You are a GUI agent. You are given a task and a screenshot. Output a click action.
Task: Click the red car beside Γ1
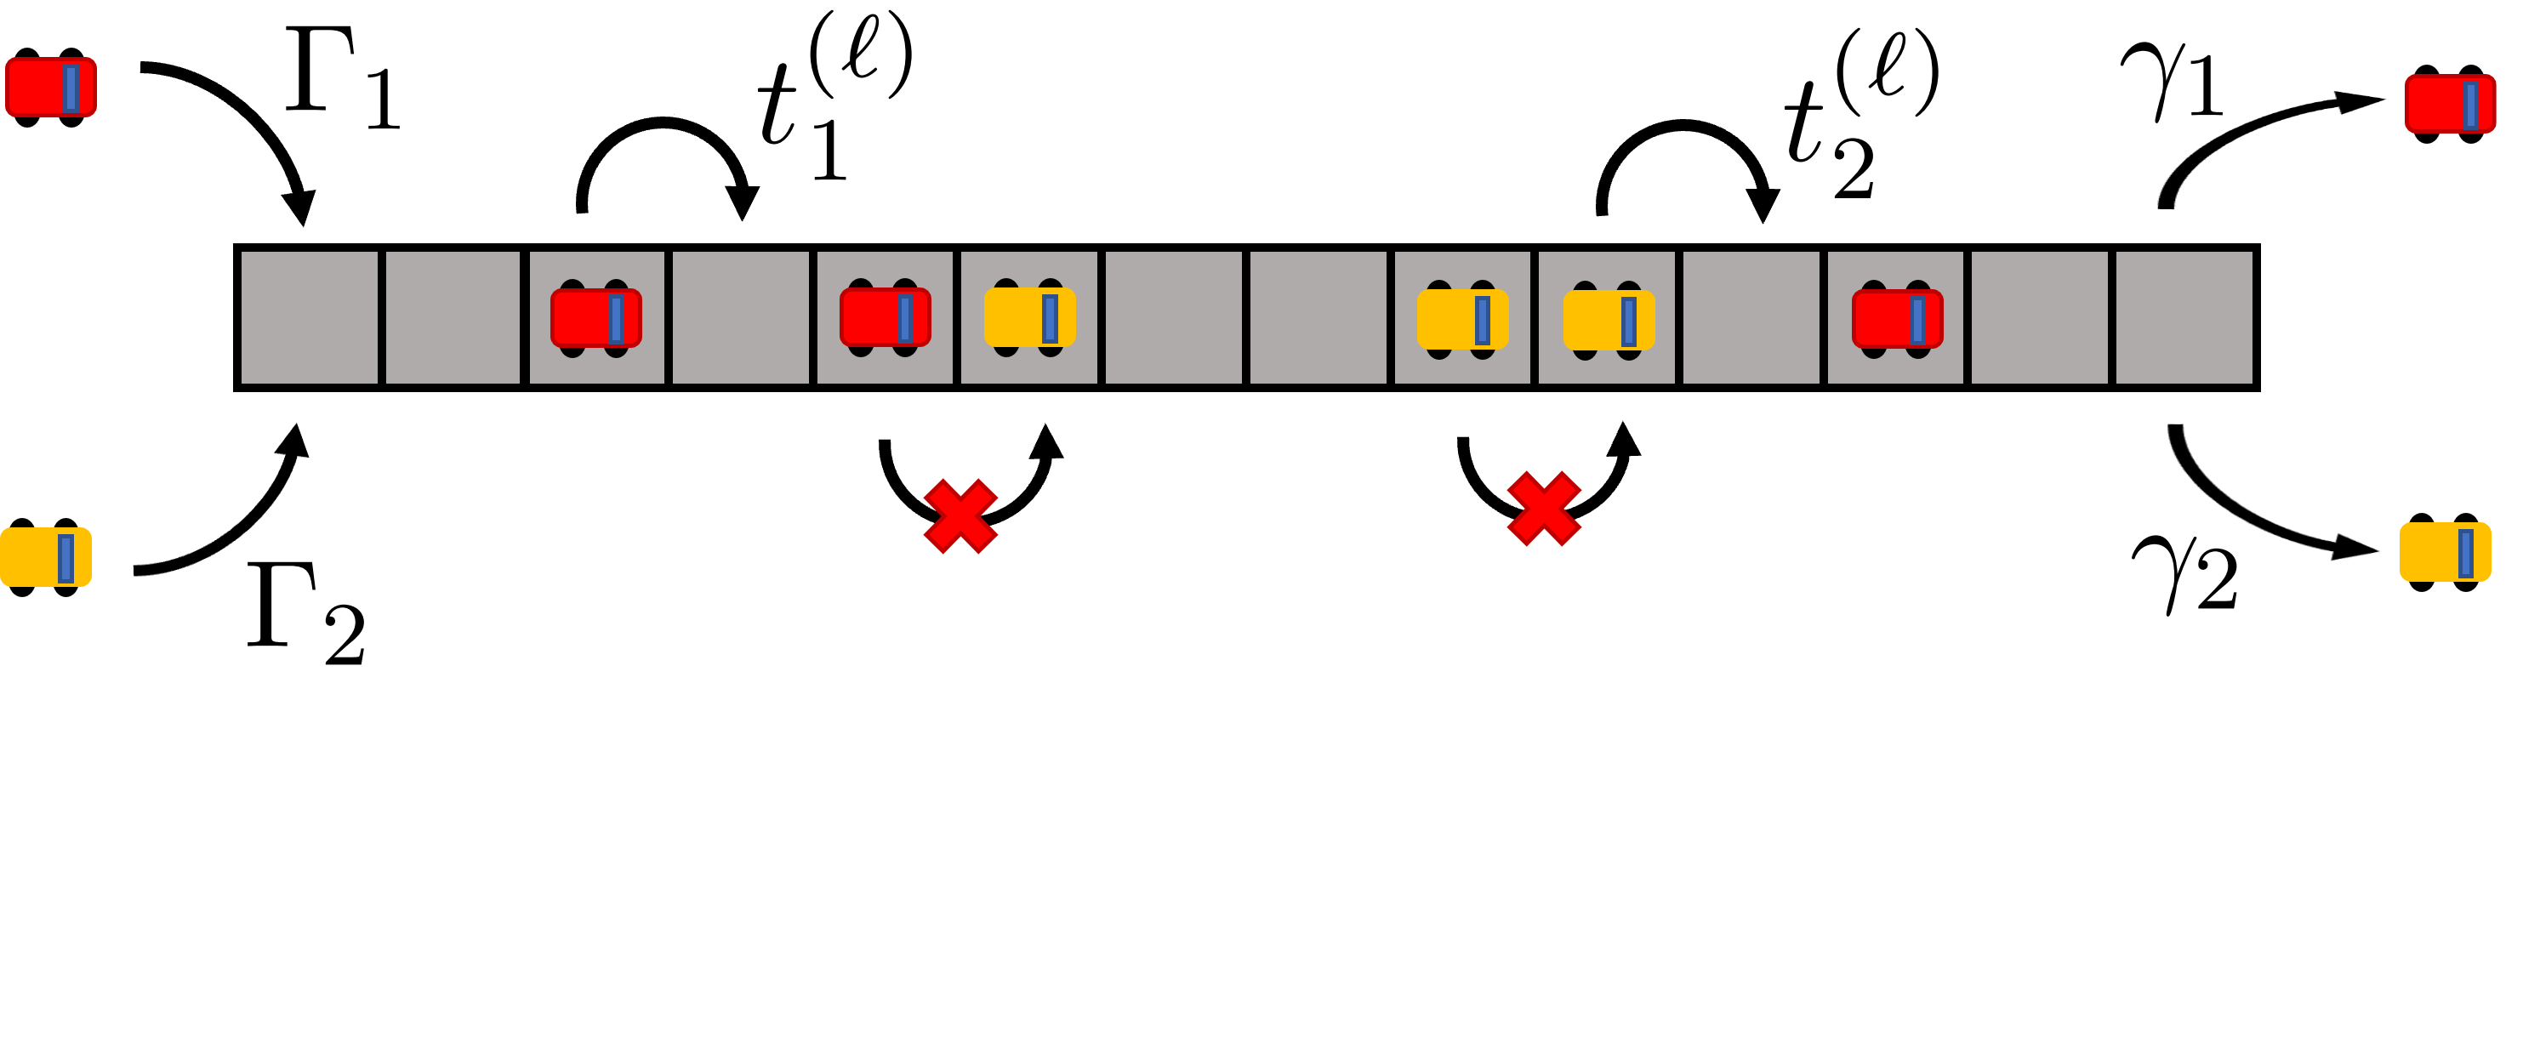click(51, 87)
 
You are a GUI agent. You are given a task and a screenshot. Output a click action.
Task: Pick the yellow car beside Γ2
click(46, 556)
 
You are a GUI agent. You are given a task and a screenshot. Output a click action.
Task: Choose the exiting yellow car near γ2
click(2445, 553)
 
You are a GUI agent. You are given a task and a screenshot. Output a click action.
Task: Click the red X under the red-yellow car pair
click(960, 516)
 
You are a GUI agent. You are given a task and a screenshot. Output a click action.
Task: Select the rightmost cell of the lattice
click(2185, 317)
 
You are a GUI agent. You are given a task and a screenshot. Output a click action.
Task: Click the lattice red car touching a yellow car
click(886, 317)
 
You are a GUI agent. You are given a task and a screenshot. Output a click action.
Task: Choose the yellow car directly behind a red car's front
click(1029, 317)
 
